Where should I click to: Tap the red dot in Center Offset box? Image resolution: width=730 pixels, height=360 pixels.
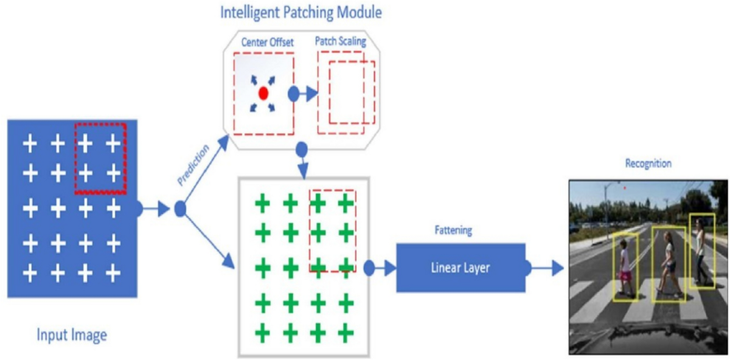[263, 93]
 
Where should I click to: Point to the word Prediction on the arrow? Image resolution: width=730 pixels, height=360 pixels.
[193, 165]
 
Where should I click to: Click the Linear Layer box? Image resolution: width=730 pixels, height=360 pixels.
[461, 268]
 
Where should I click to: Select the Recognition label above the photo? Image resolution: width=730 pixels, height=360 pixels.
[648, 164]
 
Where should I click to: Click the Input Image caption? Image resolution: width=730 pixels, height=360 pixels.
[72, 334]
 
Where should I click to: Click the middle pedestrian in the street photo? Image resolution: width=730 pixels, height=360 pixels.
[669, 263]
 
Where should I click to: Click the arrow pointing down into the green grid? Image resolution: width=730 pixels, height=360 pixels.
[302, 163]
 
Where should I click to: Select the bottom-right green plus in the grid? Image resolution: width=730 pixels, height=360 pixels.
[346, 333]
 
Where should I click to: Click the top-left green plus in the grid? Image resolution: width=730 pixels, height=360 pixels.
[262, 204]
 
